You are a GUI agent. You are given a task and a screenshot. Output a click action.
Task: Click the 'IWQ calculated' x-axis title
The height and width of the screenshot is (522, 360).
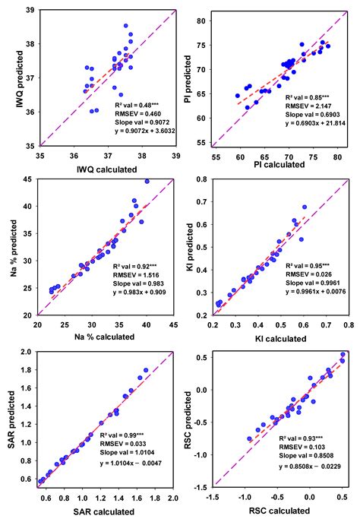coord(107,166)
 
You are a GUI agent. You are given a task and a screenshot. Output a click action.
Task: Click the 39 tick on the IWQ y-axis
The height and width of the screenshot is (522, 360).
coord(27,10)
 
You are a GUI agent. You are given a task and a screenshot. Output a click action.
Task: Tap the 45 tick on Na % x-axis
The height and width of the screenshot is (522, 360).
coord(173,324)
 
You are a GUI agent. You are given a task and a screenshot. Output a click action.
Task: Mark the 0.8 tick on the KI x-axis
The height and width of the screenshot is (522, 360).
coord(347,324)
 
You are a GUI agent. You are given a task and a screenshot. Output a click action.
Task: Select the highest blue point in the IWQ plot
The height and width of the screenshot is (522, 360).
coord(126,26)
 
